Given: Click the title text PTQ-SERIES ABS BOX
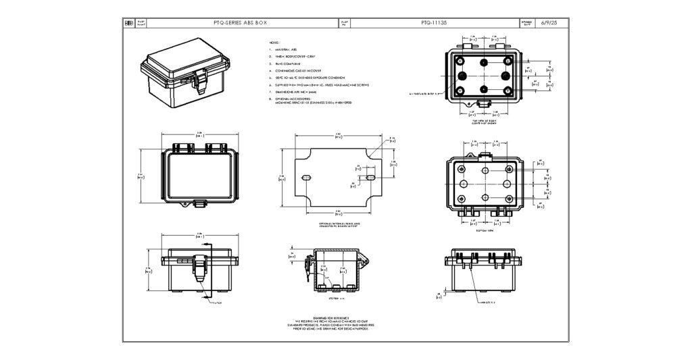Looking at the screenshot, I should pyautogui.click(x=241, y=22).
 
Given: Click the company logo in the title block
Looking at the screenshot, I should pyautogui.click(x=128, y=22).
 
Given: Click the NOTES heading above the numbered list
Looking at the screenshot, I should pyautogui.click(x=274, y=43).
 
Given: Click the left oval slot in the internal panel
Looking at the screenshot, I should pyautogui.click(x=305, y=177).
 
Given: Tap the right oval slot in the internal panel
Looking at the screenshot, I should pyautogui.click(x=371, y=177).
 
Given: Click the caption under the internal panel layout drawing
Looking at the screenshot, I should pyautogui.click(x=339, y=225).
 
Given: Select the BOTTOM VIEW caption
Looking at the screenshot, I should pyautogui.click(x=485, y=230).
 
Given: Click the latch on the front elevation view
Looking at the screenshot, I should pyautogui.click(x=199, y=268).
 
